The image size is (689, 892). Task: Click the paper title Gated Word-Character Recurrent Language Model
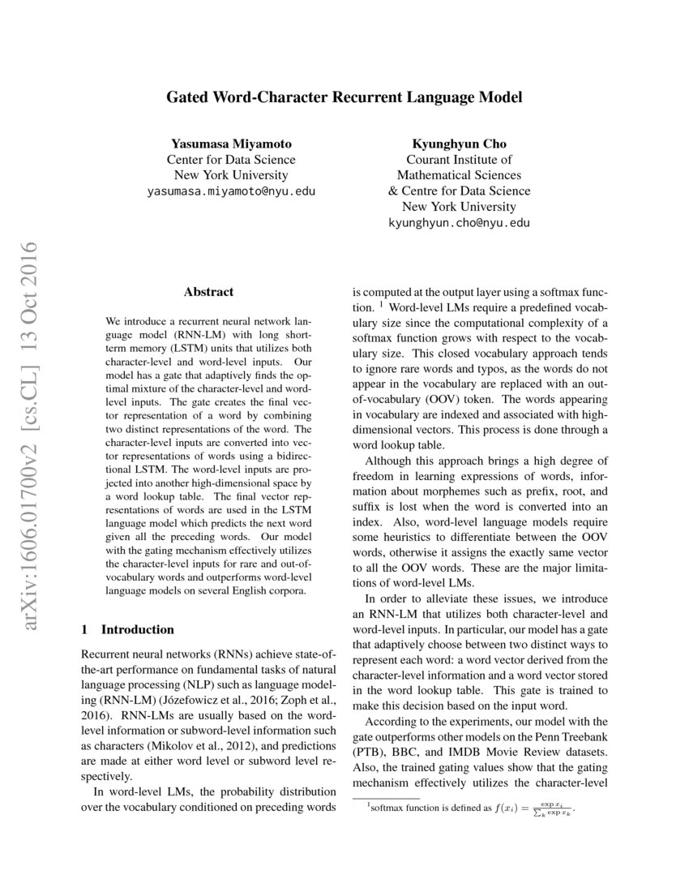tap(344, 97)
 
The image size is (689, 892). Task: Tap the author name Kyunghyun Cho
tap(459, 144)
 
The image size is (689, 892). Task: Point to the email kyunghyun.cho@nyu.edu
tap(459, 222)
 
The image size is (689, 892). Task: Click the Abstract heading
tap(208, 292)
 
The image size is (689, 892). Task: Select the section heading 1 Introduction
tap(128, 629)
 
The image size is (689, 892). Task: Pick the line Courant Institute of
tap(459, 160)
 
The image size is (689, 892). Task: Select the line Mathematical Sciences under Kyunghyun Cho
tap(459, 175)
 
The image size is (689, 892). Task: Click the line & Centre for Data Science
tap(459, 191)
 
